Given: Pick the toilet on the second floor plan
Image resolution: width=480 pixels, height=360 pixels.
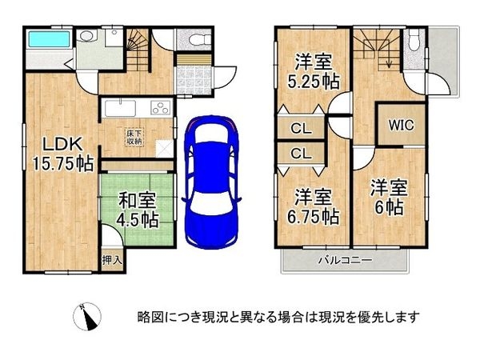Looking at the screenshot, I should (x=413, y=42).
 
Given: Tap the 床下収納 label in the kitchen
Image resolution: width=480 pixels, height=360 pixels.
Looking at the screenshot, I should (x=133, y=137).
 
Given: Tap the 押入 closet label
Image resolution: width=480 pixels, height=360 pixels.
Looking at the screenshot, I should (x=113, y=260).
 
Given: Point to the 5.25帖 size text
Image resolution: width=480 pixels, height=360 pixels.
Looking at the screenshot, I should (x=312, y=82).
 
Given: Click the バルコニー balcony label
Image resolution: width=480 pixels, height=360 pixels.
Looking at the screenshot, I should (x=344, y=261).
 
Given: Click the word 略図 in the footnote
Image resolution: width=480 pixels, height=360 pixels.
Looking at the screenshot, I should (x=148, y=317).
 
